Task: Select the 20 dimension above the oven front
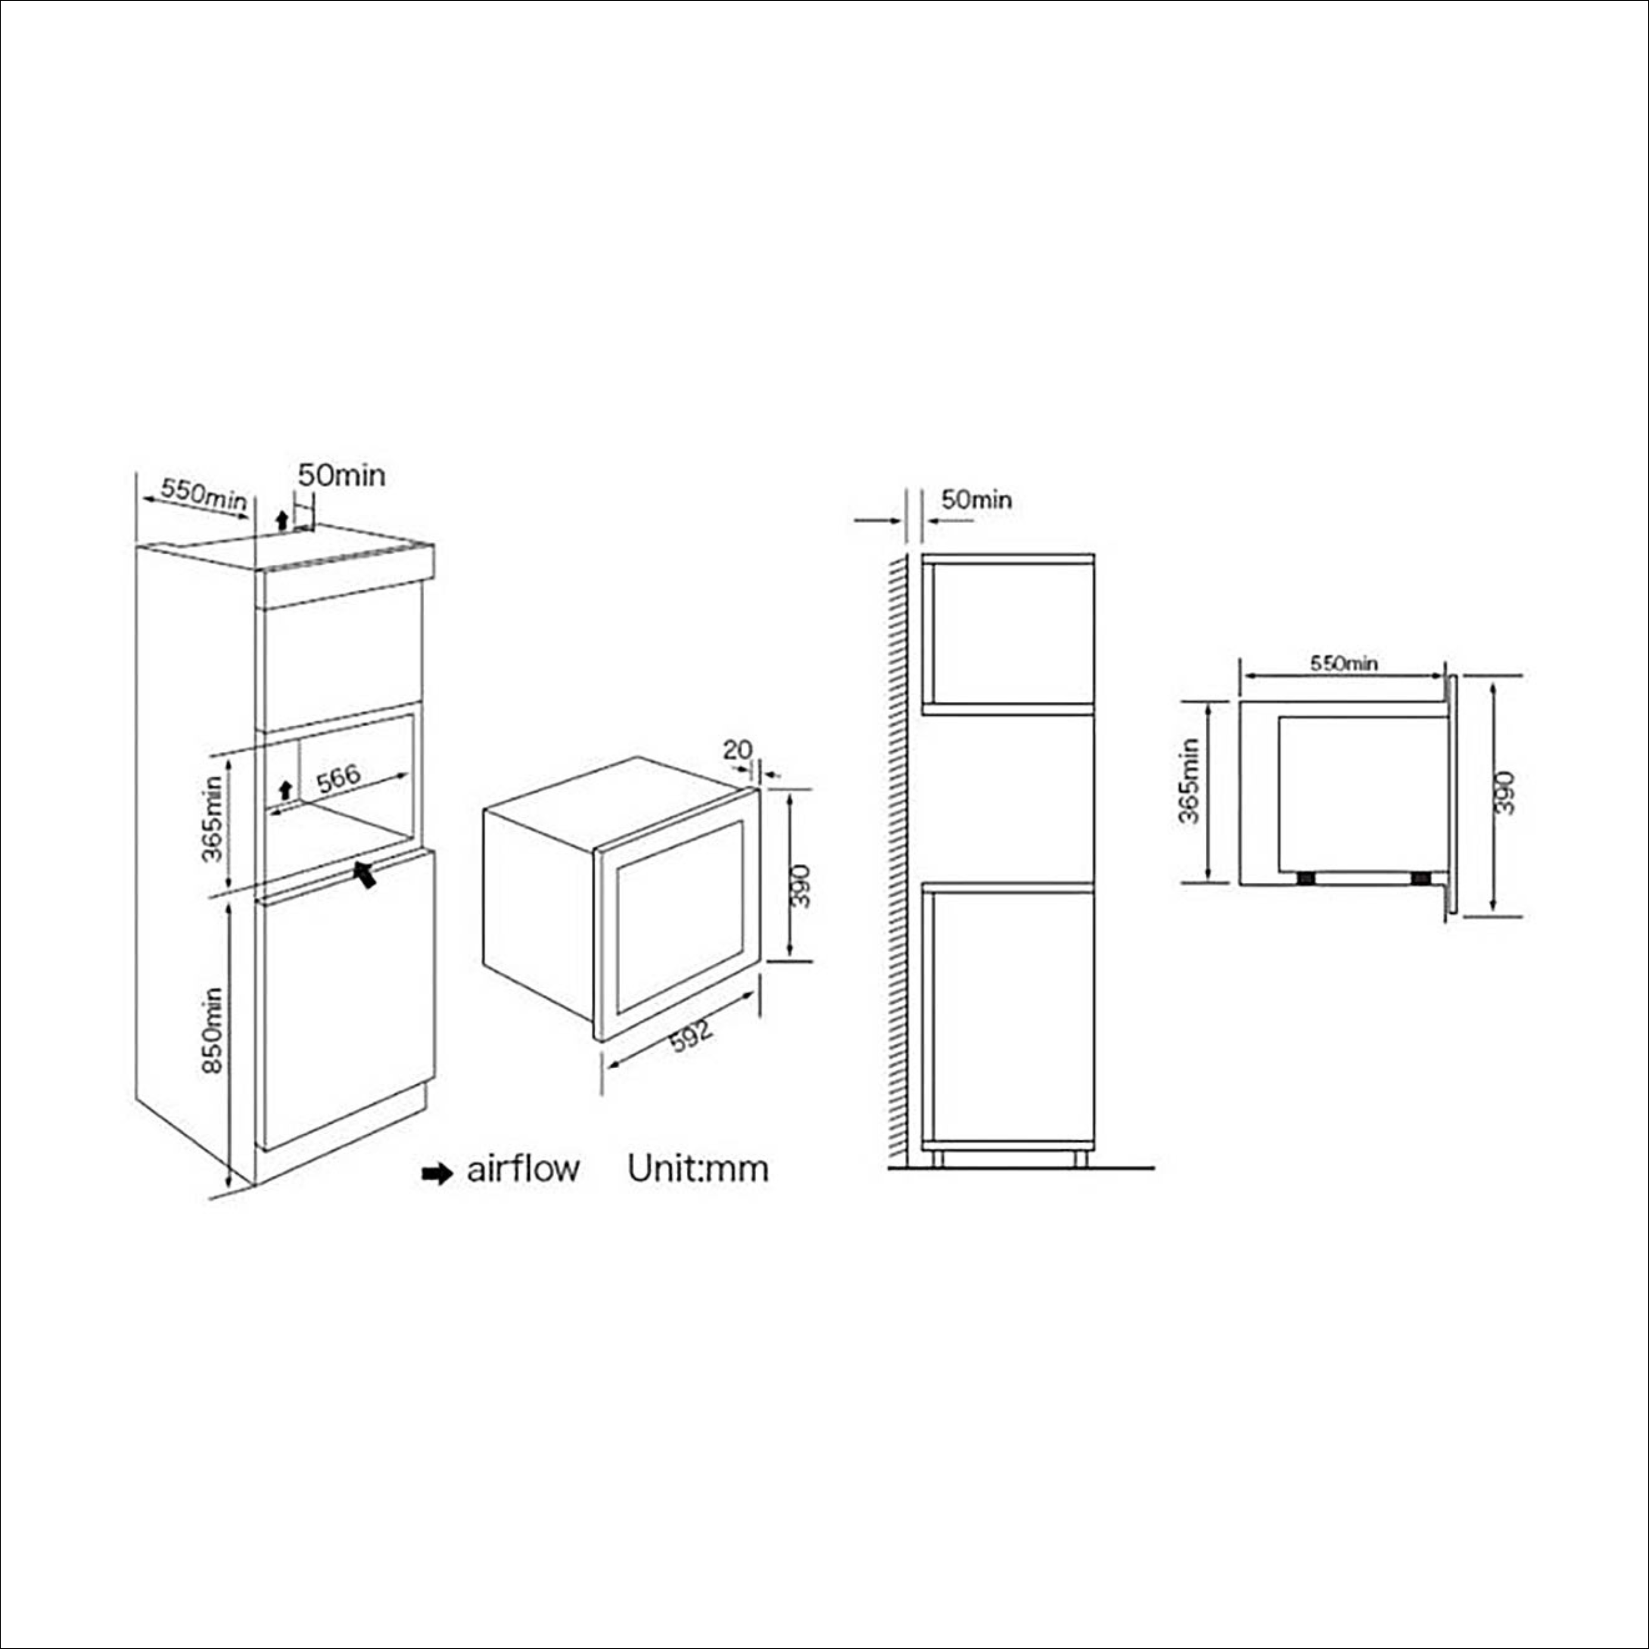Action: [738, 749]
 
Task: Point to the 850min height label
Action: [213, 1030]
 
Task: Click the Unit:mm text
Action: [698, 1168]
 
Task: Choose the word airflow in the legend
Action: [522, 1168]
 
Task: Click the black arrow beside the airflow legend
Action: [437, 1174]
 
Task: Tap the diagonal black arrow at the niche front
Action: [365, 873]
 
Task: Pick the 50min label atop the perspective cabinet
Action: [341, 475]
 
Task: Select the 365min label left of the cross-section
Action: [1189, 780]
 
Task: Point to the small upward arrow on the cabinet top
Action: [282, 521]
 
